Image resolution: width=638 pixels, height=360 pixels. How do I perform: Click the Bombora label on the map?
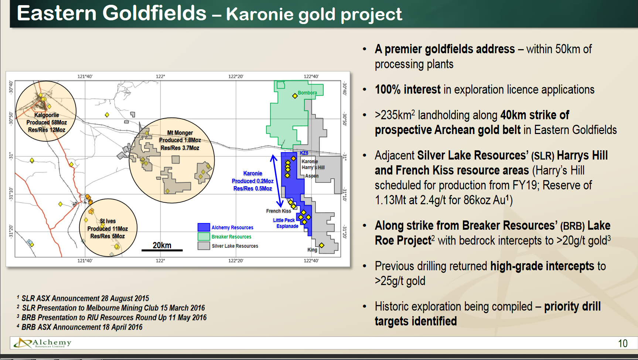pos(307,93)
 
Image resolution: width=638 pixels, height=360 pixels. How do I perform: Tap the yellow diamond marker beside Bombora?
pos(295,96)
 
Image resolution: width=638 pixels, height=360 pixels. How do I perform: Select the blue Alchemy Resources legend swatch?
pos(204,227)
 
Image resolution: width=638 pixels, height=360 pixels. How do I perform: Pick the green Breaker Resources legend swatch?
pos(204,236)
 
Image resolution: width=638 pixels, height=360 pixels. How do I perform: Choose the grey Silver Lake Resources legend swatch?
pos(204,246)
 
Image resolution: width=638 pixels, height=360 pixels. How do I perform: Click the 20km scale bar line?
pos(162,250)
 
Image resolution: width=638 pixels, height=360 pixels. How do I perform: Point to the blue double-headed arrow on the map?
pos(277,181)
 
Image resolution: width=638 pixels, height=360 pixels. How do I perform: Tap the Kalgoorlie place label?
pos(47,115)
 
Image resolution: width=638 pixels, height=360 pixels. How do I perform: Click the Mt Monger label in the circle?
pos(180,133)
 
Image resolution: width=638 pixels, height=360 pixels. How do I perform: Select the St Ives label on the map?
pos(108,221)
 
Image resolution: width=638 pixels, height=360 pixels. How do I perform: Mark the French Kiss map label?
pos(279,211)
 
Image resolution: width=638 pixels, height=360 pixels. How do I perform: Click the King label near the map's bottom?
pos(312,250)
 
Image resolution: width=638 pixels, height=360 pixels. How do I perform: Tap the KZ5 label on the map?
pos(304,153)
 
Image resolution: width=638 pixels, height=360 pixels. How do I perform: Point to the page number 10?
pos(623,343)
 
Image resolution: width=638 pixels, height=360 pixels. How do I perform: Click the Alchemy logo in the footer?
pos(42,343)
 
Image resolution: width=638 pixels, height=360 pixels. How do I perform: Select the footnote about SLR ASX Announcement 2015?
pos(83,298)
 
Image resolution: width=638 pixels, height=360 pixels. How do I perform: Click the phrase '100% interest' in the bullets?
pos(407,89)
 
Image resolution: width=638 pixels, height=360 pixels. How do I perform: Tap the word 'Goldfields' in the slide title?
pos(154,13)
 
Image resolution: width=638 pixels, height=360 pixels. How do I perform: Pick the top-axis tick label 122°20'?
pos(236,76)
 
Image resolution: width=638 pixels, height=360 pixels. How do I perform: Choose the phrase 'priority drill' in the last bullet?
pos(572,306)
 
